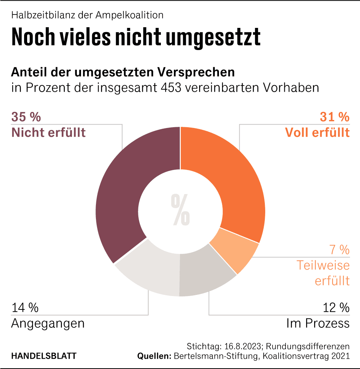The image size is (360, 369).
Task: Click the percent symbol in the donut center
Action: pos(180,210)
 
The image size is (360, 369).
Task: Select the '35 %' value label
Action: pos(26,117)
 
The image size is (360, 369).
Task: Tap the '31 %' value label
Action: pos(335,117)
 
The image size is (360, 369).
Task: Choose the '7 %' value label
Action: pos(339,250)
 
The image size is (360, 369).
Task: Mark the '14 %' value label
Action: pos(25,307)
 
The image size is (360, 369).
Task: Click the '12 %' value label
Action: pos(335,307)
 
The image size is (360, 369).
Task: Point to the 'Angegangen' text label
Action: pos(48,324)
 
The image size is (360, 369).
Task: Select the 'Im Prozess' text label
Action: pos(318,324)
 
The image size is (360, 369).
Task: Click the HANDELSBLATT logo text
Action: pos(44,356)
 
